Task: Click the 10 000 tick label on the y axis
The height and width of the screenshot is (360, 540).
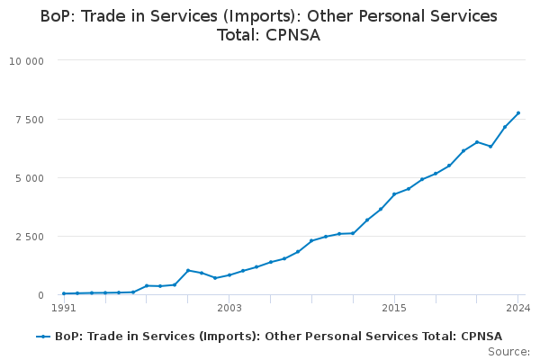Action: [26, 61]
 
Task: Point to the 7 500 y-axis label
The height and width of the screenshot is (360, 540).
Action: [30, 120]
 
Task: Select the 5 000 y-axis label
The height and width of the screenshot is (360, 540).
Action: [30, 178]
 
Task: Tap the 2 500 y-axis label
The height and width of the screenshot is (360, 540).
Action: [30, 237]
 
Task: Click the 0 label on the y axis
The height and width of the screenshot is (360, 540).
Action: [41, 295]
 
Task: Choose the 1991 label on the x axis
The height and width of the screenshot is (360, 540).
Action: [64, 308]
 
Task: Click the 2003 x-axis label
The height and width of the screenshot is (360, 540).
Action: [229, 308]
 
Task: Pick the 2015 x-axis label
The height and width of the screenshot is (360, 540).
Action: [394, 308]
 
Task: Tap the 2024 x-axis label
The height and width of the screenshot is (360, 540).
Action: [518, 308]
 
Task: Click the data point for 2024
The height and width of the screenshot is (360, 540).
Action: [518, 113]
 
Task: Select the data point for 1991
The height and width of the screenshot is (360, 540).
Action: [64, 293]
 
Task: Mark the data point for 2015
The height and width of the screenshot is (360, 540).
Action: [394, 194]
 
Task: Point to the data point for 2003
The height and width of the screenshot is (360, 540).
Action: [229, 275]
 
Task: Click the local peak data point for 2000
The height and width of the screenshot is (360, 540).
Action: [188, 270]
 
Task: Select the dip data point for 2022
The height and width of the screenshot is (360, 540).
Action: [490, 147]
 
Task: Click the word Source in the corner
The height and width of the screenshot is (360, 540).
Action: [507, 352]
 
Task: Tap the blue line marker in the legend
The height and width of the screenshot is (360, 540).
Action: [43, 337]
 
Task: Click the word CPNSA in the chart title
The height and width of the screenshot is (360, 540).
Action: [292, 35]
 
